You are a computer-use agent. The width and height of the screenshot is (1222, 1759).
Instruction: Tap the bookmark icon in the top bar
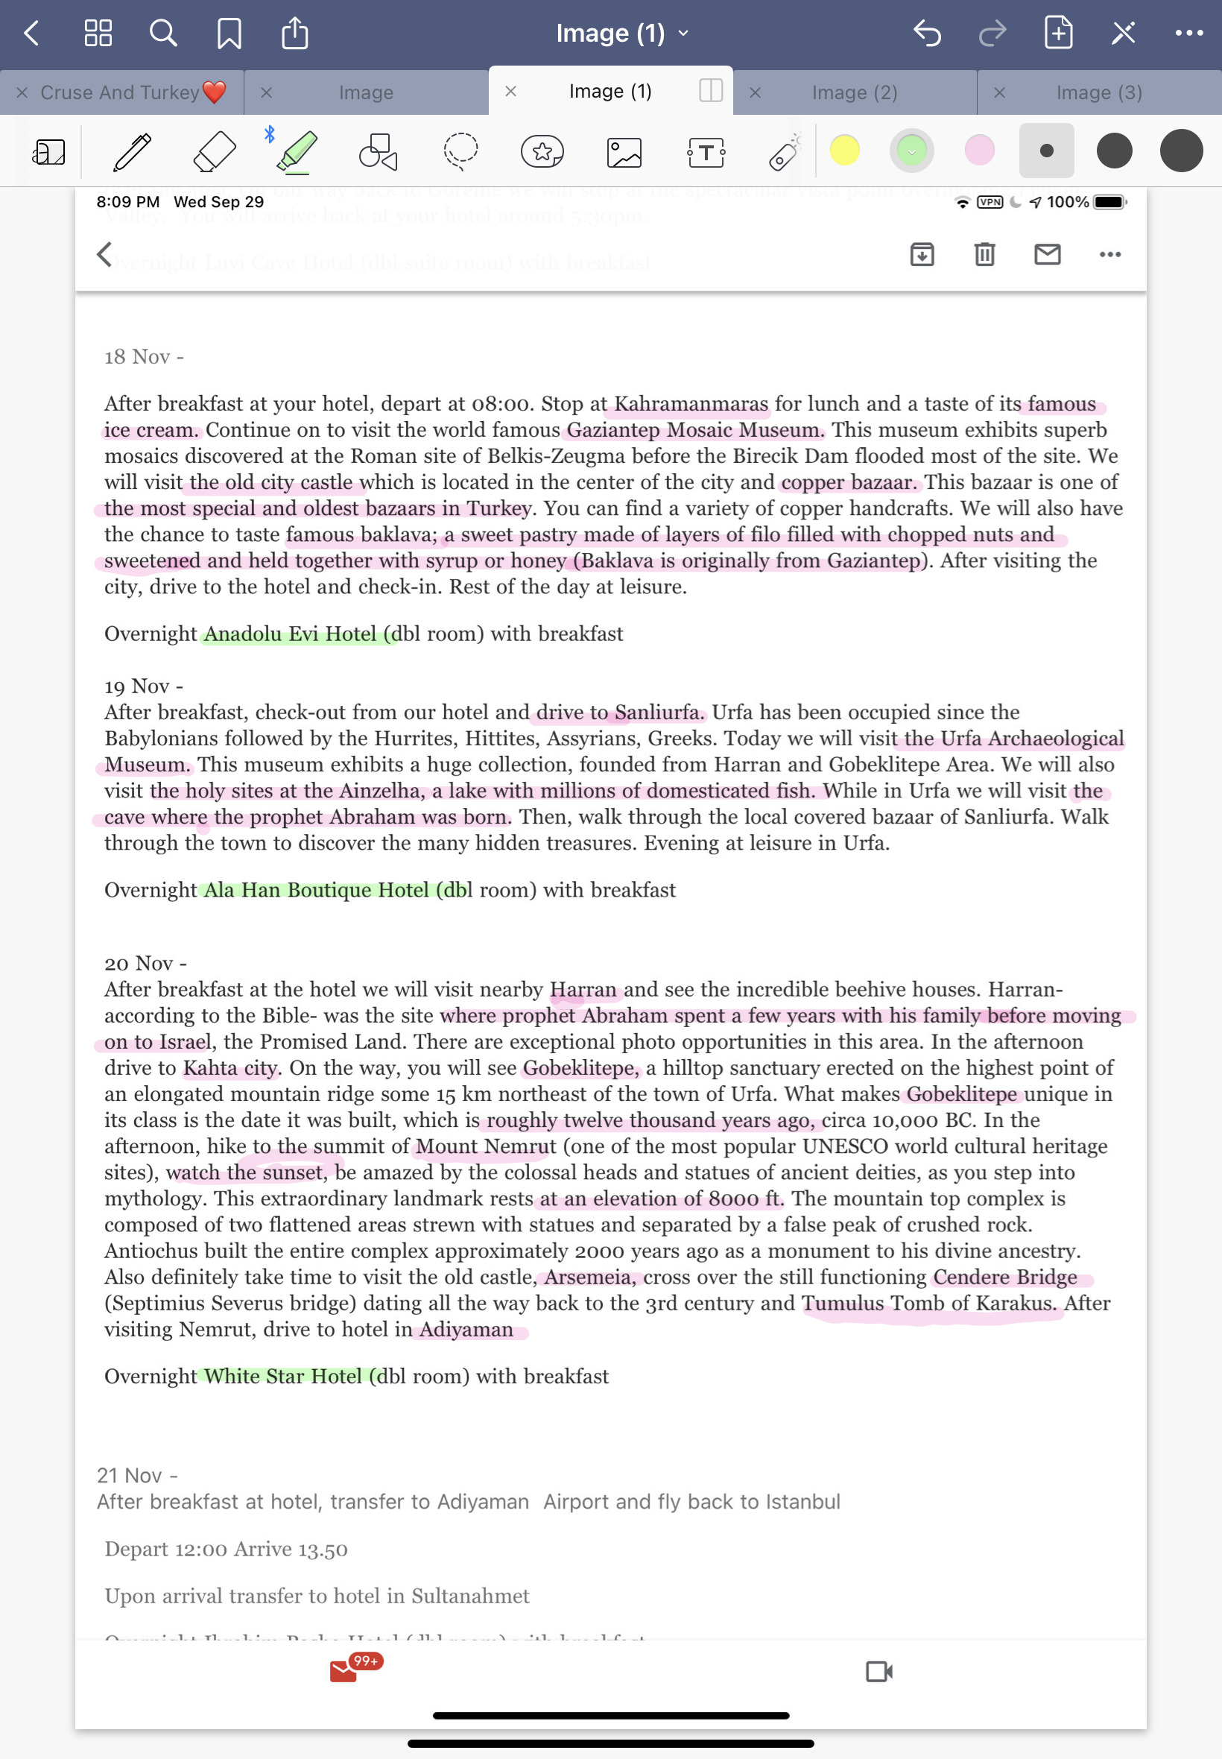pyautogui.click(x=229, y=34)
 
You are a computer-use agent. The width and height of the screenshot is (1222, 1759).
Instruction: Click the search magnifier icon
pyautogui.click(x=163, y=34)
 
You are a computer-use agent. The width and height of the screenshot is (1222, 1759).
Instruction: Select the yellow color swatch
pyautogui.click(x=844, y=150)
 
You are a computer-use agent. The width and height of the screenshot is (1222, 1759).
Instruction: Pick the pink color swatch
pyautogui.click(x=979, y=150)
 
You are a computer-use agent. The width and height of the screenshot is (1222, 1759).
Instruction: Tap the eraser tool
pyautogui.click(x=215, y=151)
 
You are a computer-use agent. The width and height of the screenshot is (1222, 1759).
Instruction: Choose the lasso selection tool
pyautogui.click(x=460, y=151)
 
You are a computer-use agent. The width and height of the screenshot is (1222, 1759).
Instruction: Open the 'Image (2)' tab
pyautogui.click(x=854, y=92)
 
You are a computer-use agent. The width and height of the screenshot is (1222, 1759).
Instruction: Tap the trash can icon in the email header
pyautogui.click(x=984, y=254)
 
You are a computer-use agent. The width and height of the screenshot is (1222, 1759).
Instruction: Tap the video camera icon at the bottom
pyautogui.click(x=879, y=1671)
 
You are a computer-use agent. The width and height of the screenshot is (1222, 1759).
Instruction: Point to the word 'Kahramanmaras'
pyautogui.click(x=691, y=403)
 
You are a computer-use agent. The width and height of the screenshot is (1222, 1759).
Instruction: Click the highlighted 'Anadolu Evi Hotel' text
pyautogui.click(x=290, y=634)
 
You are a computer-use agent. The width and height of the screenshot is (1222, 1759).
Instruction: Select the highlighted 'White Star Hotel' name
pyautogui.click(x=282, y=1376)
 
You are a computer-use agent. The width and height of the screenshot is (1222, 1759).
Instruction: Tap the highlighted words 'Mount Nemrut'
pyautogui.click(x=485, y=1146)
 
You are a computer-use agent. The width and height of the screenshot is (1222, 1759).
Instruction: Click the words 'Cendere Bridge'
pyautogui.click(x=1004, y=1277)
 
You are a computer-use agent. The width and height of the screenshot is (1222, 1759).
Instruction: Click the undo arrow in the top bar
pyautogui.click(x=926, y=34)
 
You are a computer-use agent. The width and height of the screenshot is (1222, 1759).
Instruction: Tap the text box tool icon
pyautogui.click(x=706, y=151)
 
